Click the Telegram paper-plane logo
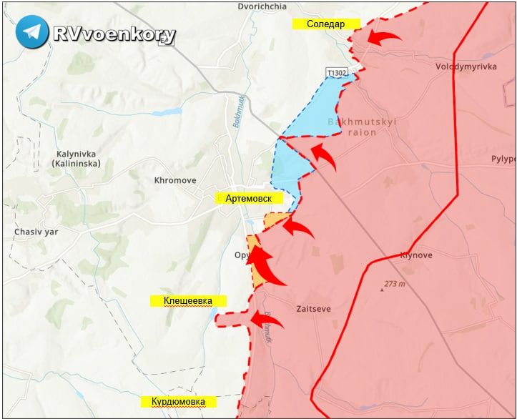tap(32, 32)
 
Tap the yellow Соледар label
tap(325, 24)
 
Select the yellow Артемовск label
tap(250, 198)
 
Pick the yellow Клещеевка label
tap(187, 301)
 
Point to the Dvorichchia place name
tap(262, 6)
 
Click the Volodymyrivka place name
tap(466, 66)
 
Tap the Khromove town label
tap(175, 181)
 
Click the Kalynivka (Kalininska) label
tap(82, 158)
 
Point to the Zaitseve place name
tap(313, 309)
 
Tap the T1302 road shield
tap(337, 72)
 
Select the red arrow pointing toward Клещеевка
tap(266, 319)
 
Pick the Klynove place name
tap(415, 255)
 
